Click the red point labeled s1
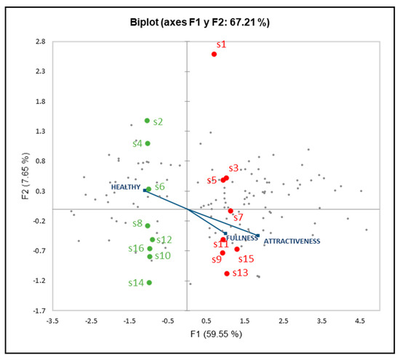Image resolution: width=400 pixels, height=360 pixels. tap(214, 54)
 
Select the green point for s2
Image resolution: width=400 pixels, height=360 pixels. tap(147, 121)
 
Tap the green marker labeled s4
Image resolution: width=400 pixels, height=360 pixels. tap(148, 143)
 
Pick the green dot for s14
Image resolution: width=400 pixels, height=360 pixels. tap(149, 282)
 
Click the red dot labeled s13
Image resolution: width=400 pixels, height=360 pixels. tap(227, 273)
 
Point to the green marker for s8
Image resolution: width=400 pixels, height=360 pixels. tap(148, 225)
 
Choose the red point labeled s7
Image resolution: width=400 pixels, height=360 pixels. tap(231, 211)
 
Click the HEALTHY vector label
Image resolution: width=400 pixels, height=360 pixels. tap(124, 187)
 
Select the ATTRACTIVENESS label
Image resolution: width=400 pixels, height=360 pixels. tap(291, 241)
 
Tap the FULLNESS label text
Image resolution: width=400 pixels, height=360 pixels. tap(242, 238)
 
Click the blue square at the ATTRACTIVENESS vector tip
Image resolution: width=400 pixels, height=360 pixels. tap(257, 236)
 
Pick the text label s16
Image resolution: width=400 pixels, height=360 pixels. tap(136, 249)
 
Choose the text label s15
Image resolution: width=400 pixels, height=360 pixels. tap(246, 258)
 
